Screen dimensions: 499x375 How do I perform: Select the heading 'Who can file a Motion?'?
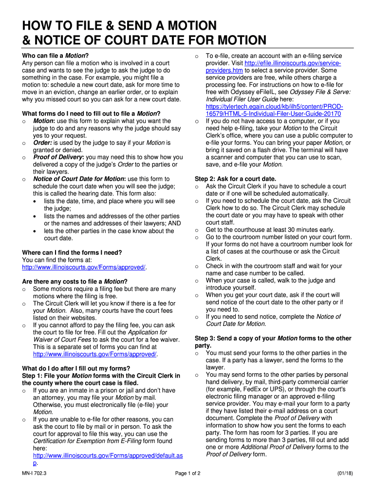55,56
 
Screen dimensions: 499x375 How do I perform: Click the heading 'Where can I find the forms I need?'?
72,252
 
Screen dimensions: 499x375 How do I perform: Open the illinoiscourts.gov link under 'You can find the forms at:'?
84,267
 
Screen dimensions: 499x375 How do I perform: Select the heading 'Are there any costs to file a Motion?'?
75,282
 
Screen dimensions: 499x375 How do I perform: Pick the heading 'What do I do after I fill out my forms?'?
76,368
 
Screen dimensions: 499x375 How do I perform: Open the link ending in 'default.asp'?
108,456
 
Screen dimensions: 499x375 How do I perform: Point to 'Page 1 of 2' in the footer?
187,474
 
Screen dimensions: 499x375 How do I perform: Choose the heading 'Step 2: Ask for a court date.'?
235,179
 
